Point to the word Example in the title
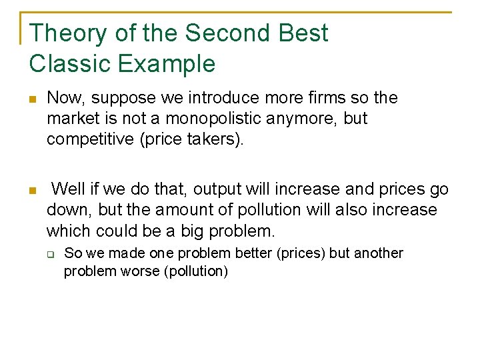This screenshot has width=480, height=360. pos(167,64)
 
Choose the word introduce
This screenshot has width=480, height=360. pos(225,98)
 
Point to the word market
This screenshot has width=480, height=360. pos(70,119)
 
